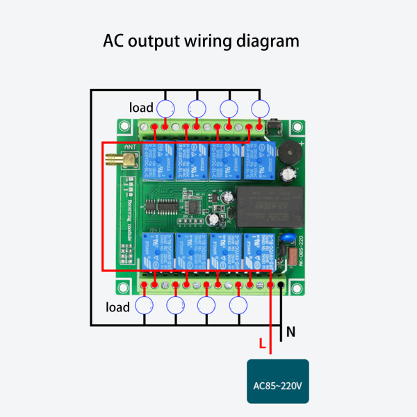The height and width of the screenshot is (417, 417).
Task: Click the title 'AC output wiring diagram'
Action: pos(202,41)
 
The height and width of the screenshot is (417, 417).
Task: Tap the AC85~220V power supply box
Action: pos(278,382)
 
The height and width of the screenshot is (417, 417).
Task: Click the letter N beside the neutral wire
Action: pos(291,332)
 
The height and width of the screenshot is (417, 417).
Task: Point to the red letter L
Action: pos(261,343)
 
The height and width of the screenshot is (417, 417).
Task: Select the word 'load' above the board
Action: pos(141,108)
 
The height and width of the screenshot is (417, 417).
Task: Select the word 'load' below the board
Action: pos(117,306)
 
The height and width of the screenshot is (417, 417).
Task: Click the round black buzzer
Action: pos(286,152)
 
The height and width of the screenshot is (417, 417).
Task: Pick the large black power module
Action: pos(268,206)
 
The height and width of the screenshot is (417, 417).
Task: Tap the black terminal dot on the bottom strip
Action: pos(280,286)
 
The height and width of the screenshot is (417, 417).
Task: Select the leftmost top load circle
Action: pos(165,108)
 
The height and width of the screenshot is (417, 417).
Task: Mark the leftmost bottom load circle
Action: pos(145,305)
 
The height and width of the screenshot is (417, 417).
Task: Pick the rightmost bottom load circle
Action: pos(238,305)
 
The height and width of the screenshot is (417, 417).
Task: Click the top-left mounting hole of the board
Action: pos(124,126)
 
